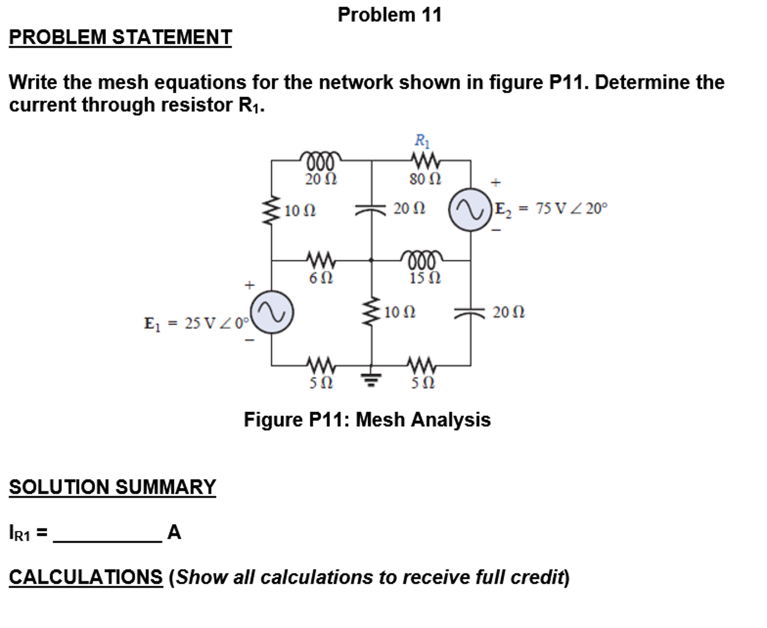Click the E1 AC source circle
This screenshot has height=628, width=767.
coord(272,312)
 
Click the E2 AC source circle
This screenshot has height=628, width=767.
coord(470,210)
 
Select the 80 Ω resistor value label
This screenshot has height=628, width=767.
coord(425,179)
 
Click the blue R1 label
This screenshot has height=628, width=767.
coord(422,141)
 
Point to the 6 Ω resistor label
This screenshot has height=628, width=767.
coord(321,278)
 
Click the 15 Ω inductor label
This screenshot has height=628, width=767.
coord(425,278)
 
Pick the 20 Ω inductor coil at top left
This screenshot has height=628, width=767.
coord(321,159)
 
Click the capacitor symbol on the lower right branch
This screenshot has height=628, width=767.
coord(470,312)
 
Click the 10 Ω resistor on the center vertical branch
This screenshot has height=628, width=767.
coord(372,312)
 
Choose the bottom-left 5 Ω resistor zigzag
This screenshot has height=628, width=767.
coord(321,363)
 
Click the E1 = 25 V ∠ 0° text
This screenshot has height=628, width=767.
coord(196,323)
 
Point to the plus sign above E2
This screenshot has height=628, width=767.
coord(496,183)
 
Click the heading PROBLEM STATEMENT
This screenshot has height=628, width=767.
coord(120,37)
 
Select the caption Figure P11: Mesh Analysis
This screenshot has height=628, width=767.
coord(367,419)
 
